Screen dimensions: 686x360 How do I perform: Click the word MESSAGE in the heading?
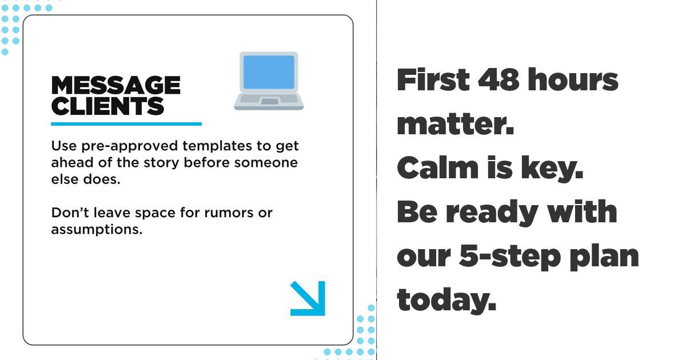point(115,85)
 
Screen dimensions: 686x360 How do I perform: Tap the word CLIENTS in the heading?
point(107,106)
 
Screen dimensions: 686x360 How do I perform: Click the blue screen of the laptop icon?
point(269,72)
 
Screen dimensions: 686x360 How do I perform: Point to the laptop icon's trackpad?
point(269,101)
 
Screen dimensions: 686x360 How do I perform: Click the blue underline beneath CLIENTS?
point(126,124)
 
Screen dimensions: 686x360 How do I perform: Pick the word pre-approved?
point(130,146)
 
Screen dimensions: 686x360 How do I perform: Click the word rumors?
point(229,213)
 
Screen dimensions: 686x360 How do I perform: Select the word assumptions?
point(97,230)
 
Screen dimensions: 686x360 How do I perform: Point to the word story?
point(161,163)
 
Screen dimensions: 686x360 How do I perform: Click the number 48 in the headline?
point(498,79)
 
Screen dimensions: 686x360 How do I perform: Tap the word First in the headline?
point(433,79)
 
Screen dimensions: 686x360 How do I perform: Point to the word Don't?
point(70,213)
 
